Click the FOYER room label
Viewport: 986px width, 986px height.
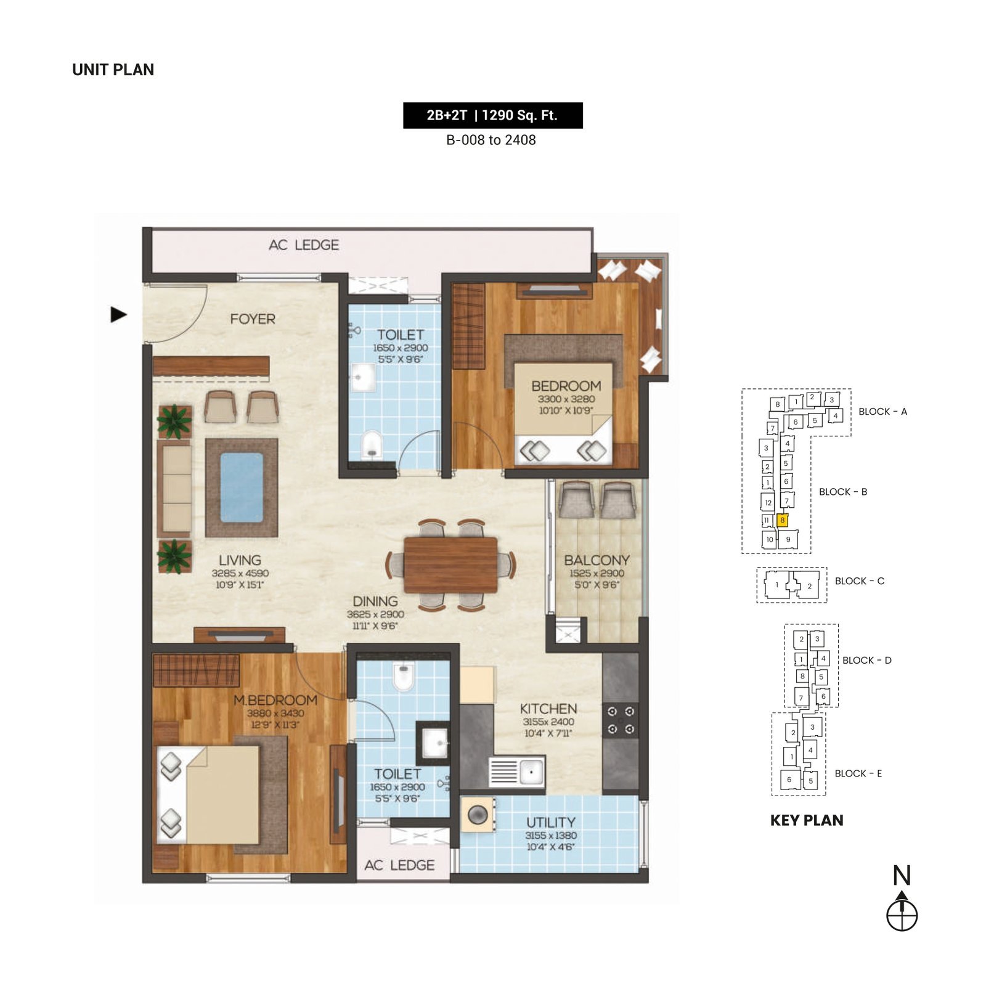(x=253, y=319)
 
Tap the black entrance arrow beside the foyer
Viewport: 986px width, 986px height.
(x=118, y=314)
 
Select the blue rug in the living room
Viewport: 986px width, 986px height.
(x=242, y=487)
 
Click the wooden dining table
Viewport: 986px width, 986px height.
(x=450, y=565)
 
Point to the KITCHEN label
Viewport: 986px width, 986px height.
(x=548, y=709)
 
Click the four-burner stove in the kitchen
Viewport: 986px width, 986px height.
(x=621, y=720)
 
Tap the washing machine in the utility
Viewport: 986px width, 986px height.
(x=478, y=815)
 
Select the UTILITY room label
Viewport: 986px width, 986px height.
(x=551, y=822)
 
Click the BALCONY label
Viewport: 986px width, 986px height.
(x=597, y=560)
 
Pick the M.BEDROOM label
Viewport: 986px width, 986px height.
(x=275, y=700)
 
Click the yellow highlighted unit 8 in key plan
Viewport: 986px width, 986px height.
(x=782, y=520)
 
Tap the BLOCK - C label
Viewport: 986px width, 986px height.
(x=859, y=581)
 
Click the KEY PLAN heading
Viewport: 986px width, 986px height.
(x=807, y=820)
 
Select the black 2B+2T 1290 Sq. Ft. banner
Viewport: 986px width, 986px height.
(x=492, y=115)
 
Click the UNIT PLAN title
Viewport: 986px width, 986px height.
(x=113, y=70)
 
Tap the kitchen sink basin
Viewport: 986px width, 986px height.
(x=531, y=770)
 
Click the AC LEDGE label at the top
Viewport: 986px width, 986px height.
(x=304, y=245)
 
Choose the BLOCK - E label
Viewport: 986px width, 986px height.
(x=858, y=773)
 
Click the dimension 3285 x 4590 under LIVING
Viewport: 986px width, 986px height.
(x=240, y=573)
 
